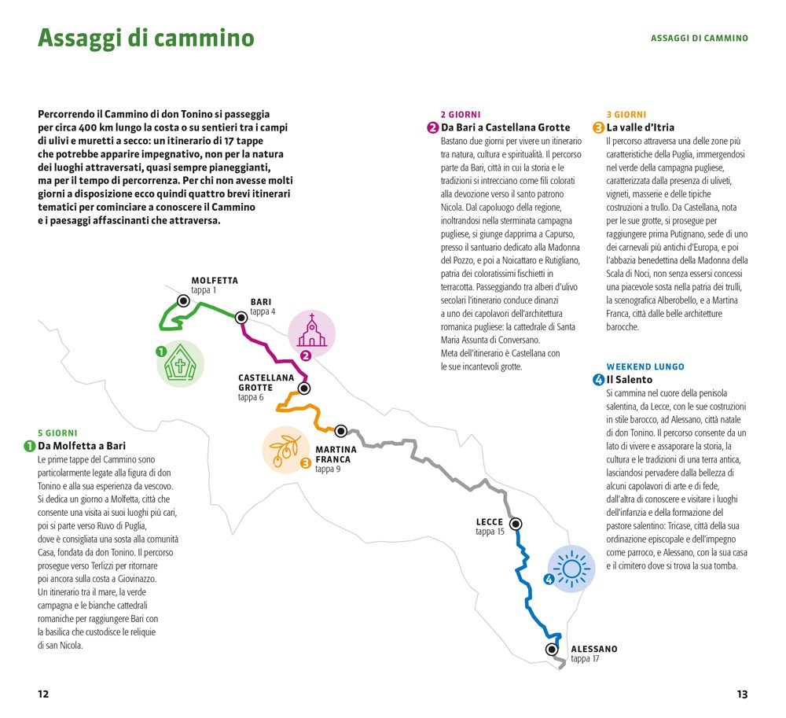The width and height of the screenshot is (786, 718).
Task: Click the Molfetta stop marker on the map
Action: point(183,300)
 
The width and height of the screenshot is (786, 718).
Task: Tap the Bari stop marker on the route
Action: point(241,318)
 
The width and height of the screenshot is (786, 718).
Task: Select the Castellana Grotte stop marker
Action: point(304,388)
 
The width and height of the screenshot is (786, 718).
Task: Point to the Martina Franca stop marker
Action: point(341,431)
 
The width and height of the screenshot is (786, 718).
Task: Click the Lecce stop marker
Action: point(516,523)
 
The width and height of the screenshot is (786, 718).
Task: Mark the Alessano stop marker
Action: point(552,649)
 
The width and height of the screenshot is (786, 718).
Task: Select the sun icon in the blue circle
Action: point(571,567)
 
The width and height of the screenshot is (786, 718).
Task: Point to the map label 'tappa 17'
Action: point(585,659)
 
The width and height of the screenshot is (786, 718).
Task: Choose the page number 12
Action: point(43,694)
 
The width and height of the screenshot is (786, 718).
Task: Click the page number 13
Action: point(742,694)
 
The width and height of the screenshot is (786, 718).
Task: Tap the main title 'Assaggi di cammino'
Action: point(146,38)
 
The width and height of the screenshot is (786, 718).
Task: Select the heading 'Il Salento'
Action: point(629,380)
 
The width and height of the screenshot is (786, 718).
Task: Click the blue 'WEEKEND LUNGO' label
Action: point(645,366)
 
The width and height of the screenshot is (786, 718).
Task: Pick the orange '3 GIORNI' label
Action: point(626,114)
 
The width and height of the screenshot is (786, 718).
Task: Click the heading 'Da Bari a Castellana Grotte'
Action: point(505,127)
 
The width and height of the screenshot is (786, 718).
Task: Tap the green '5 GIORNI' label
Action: point(57,433)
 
